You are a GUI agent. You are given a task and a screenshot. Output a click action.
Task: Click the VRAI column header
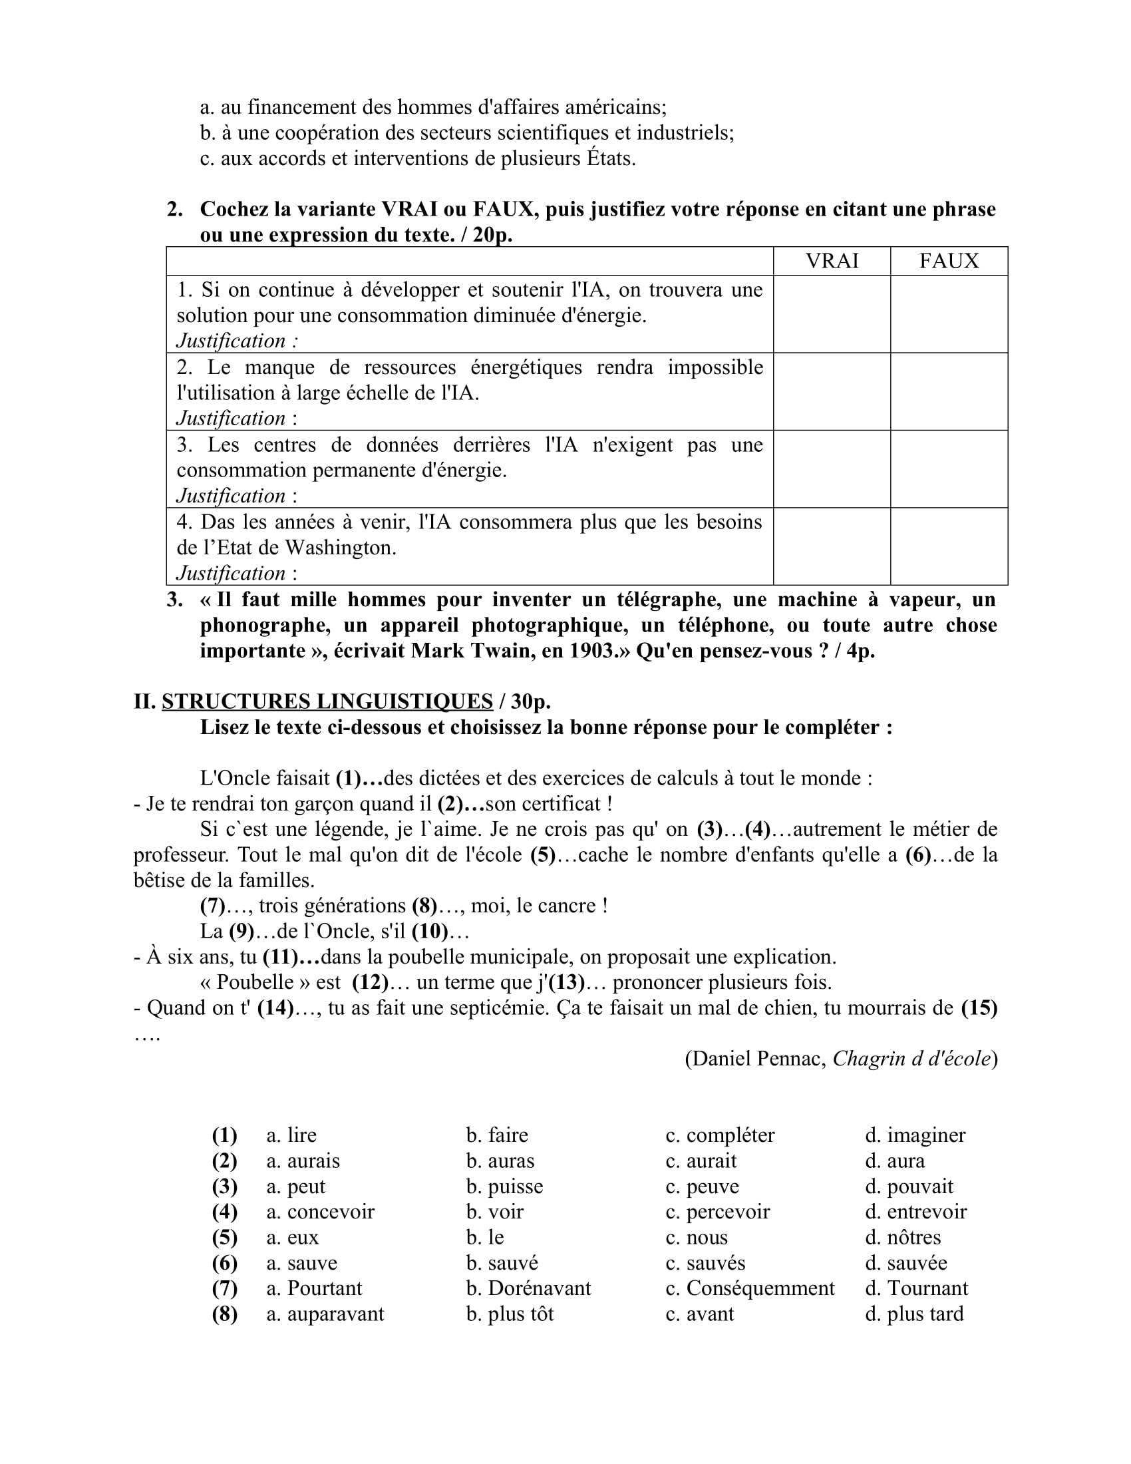832,261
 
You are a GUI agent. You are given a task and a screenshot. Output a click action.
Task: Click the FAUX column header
949,261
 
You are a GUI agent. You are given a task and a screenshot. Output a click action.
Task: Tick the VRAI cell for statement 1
832,313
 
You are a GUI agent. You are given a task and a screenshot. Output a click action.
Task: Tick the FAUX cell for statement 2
949,391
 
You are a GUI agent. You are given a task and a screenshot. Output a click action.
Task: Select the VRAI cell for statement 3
832,468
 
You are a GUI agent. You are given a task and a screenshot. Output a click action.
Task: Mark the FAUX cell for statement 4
949,546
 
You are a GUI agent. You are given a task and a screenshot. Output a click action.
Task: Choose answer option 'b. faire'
497,1135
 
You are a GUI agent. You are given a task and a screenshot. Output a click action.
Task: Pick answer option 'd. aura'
894,1161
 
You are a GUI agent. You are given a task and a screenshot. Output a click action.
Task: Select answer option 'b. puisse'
504,1186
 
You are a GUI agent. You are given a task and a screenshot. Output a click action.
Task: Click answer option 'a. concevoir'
320,1211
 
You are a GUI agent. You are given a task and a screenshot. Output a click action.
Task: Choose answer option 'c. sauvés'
705,1262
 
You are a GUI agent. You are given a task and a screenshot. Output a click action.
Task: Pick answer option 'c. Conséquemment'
750,1288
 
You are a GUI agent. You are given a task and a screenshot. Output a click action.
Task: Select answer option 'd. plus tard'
914,1313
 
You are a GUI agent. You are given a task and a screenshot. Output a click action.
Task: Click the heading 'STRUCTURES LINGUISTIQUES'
327,701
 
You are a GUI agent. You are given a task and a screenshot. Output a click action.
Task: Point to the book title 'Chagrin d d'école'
912,1058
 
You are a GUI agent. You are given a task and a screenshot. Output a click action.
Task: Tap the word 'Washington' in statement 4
341,548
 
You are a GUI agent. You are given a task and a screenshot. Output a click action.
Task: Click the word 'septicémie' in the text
493,1007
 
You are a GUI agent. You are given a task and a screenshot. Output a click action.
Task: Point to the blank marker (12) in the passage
370,982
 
